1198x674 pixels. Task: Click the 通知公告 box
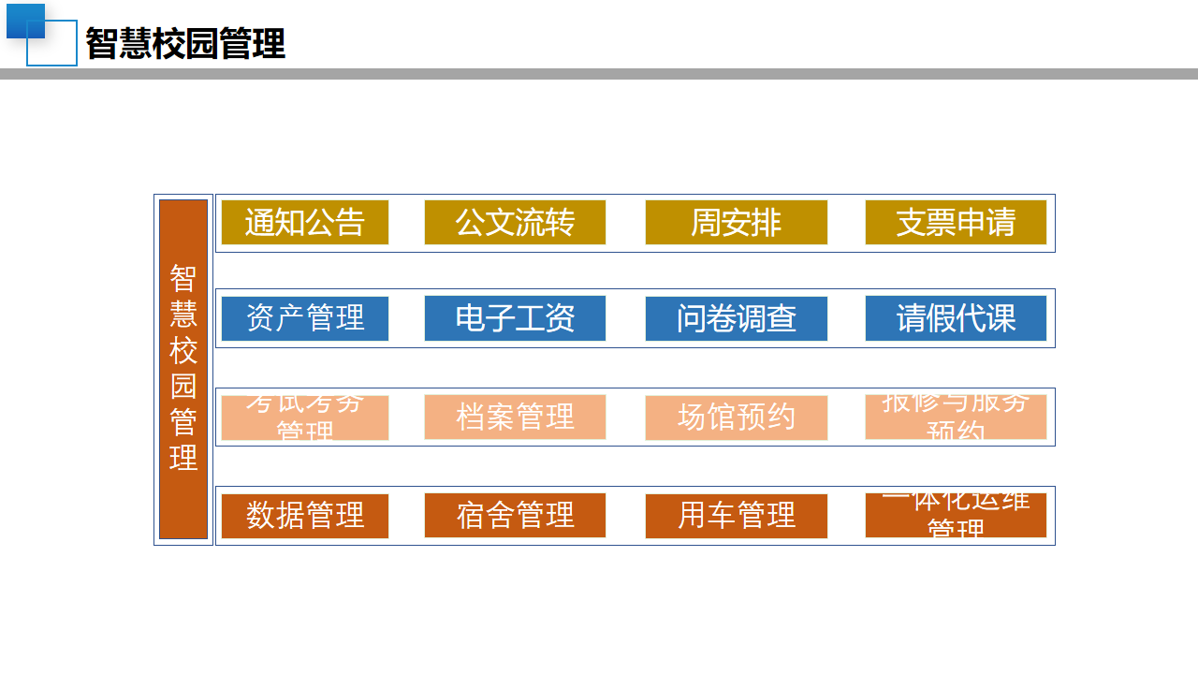pyautogui.click(x=304, y=223)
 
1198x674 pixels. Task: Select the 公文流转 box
pyautogui.click(x=515, y=223)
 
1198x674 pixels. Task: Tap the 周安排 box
pyautogui.click(x=736, y=223)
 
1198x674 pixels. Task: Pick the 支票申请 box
pyautogui.click(x=956, y=223)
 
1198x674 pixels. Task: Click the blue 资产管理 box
pyautogui.click(x=304, y=318)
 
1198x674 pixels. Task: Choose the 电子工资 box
pyautogui.click(x=515, y=318)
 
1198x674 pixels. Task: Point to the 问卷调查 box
pyautogui.click(x=736, y=318)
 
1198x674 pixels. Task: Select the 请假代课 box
pyautogui.click(x=956, y=318)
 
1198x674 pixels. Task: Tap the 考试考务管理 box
pyautogui.click(x=304, y=418)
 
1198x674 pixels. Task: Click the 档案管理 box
pyautogui.click(x=515, y=418)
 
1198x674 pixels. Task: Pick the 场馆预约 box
pyautogui.click(x=736, y=418)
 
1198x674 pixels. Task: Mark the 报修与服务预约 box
pyautogui.click(x=956, y=418)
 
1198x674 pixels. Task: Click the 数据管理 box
pyautogui.click(x=304, y=516)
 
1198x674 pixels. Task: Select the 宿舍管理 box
pyautogui.click(x=515, y=516)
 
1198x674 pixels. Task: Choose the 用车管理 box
pyautogui.click(x=736, y=516)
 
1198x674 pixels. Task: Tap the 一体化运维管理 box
pyautogui.click(x=956, y=516)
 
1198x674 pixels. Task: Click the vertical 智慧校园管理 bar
pyautogui.click(x=183, y=369)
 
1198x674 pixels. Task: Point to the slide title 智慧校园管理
pyautogui.click(x=185, y=44)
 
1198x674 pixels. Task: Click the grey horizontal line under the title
pyautogui.click(x=599, y=74)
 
